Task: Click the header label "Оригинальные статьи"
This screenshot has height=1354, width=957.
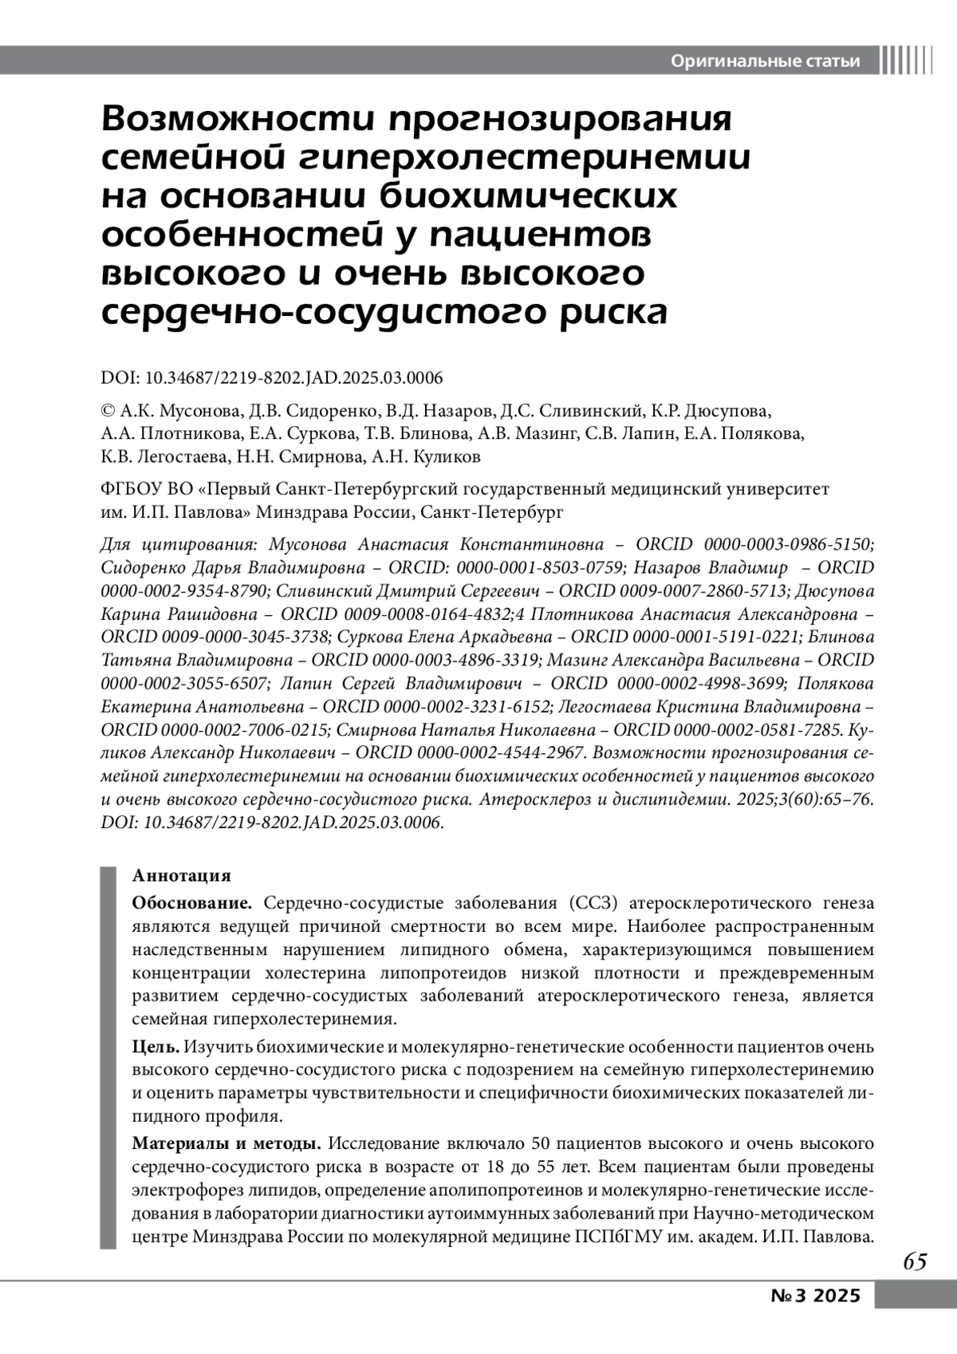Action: tap(766, 61)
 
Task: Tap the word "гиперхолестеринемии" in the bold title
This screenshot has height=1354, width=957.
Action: tap(526, 158)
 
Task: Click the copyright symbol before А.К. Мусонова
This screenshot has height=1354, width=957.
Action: tap(108, 412)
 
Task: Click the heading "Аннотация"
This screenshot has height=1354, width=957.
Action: tap(181, 876)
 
